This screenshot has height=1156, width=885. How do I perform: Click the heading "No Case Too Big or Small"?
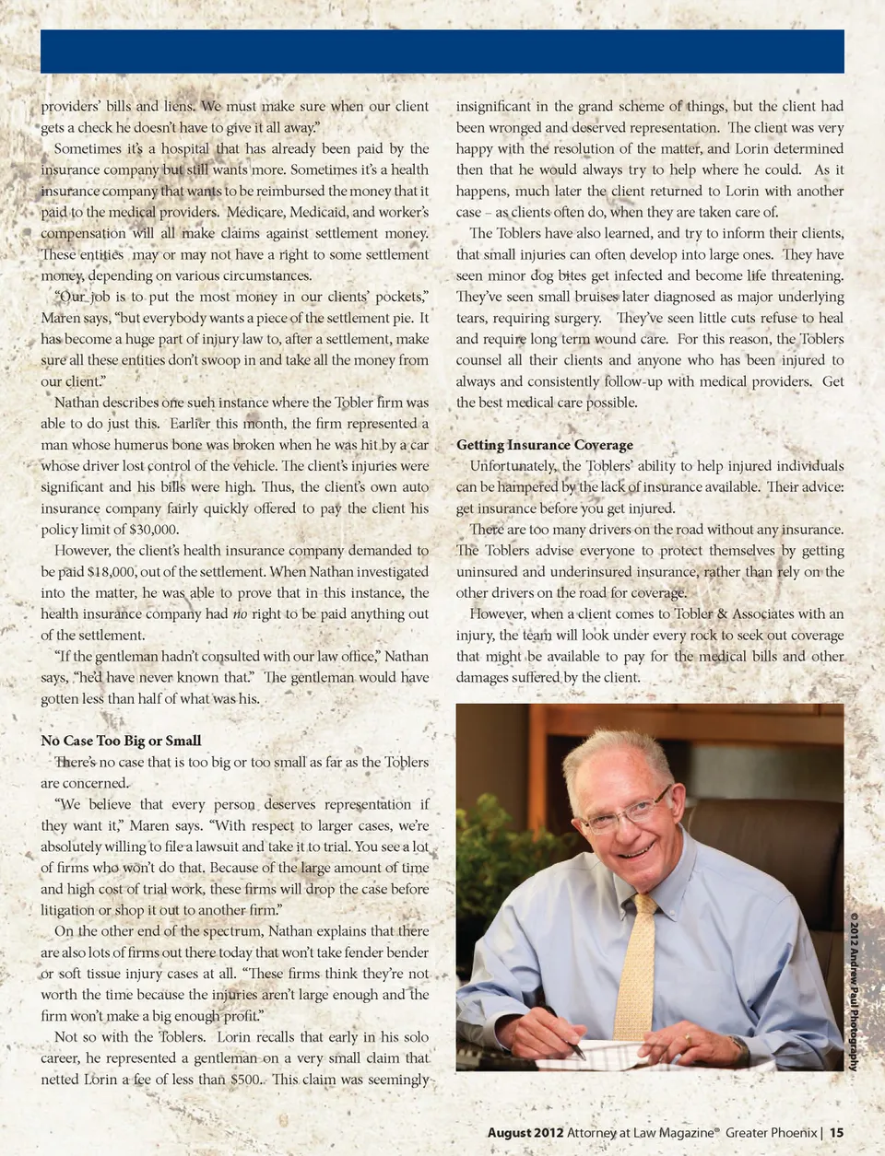coord(121,741)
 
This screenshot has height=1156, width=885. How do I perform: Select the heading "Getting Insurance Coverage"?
coord(544,445)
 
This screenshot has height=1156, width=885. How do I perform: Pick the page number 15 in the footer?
coord(836,1133)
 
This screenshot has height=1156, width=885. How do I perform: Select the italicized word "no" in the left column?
coord(240,614)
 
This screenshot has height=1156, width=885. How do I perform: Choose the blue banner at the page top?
coord(442,51)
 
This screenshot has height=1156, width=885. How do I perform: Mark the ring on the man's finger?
coord(687,1039)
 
